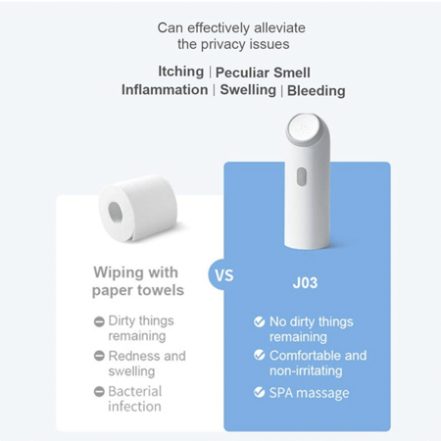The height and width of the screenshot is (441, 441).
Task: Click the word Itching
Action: (181, 72)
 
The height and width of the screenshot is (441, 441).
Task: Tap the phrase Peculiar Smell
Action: (263, 73)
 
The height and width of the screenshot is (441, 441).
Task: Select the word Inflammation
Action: (165, 90)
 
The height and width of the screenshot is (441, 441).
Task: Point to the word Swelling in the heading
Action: (248, 90)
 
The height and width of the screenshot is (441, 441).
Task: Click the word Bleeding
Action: (317, 91)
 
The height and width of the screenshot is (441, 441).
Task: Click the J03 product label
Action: (305, 283)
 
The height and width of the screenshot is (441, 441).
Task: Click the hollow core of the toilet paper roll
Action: (115, 212)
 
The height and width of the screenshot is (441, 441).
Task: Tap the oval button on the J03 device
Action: (301, 176)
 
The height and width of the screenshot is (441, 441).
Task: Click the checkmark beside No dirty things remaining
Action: (260, 321)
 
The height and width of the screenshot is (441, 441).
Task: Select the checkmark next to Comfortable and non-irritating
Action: (260, 355)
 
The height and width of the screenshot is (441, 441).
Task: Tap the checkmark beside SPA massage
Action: (260, 392)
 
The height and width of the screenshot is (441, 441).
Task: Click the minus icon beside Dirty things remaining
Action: (99, 321)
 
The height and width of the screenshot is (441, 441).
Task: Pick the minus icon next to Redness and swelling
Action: (99, 356)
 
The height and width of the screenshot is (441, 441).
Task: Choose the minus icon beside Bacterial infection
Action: (99, 391)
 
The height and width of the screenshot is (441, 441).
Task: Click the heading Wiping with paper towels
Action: (138, 281)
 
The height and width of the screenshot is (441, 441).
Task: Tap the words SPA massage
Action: (309, 393)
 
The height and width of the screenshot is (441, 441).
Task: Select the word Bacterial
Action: (135, 391)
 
